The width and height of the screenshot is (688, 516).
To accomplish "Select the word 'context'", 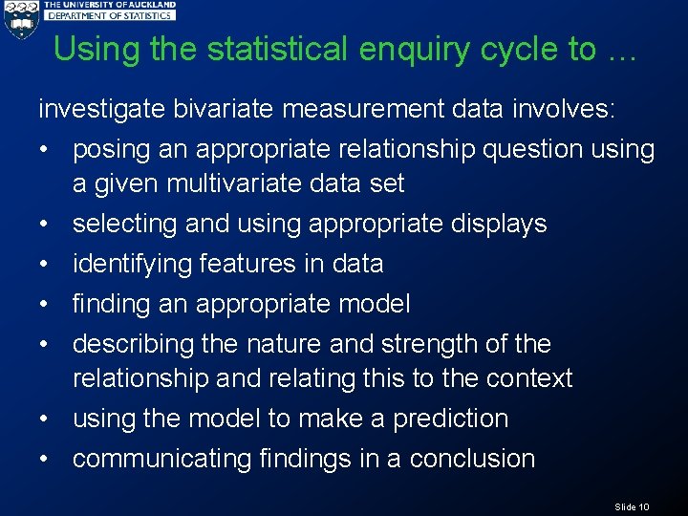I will [528, 378].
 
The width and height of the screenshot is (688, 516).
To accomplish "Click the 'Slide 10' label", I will [632, 506].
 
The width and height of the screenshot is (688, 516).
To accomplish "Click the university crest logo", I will [20, 19].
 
